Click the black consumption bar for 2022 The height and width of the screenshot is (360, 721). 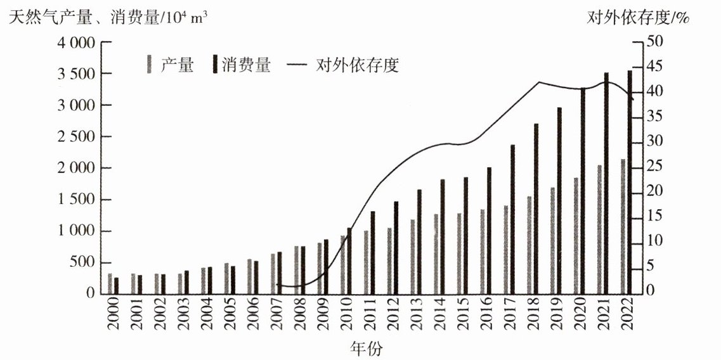[630, 182]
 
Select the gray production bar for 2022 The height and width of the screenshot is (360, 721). [623, 226]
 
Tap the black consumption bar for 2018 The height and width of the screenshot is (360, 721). [536, 209]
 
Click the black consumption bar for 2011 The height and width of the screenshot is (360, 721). [373, 252]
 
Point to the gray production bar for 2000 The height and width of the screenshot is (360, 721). [110, 283]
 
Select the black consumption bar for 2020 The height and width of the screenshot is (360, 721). [583, 191]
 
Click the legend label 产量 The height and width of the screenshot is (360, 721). [177, 65]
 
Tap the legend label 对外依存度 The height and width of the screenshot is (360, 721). [357, 65]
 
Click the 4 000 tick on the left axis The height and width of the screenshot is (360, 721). [75, 43]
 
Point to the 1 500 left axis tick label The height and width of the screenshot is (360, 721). [75, 200]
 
